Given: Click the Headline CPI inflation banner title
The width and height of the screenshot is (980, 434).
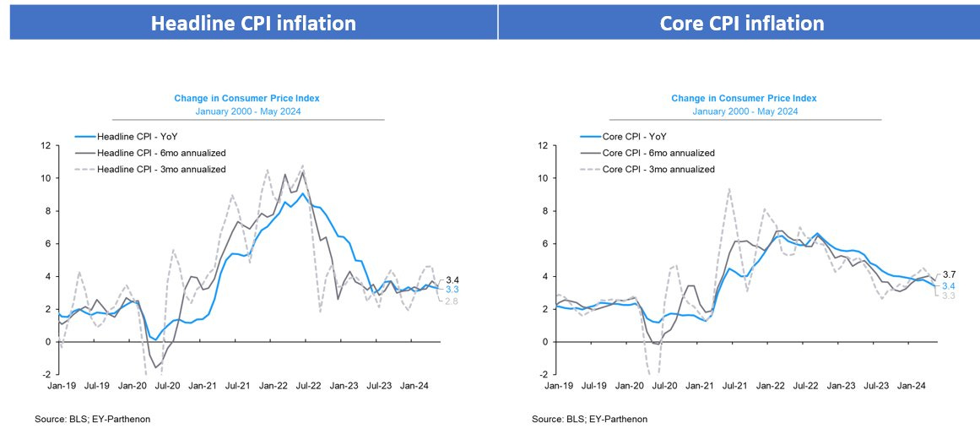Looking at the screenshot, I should click(253, 23).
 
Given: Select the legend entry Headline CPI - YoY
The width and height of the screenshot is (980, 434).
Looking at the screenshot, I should click(138, 137).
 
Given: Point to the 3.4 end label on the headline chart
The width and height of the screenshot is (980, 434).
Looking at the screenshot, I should click(452, 279).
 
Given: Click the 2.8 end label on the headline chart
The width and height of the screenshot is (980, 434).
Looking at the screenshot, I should click(452, 301).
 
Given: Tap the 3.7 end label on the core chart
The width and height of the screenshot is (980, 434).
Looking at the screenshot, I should click(949, 274).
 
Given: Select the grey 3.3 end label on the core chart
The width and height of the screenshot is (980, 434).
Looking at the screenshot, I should click(949, 296).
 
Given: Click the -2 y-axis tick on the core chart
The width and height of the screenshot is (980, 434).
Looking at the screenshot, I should click(544, 374).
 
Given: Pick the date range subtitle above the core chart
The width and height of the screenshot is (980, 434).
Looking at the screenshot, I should click(744, 111).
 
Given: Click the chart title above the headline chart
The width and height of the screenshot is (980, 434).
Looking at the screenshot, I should click(246, 98).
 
